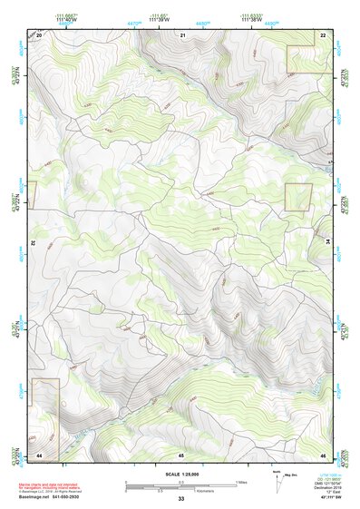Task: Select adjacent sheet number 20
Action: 39,34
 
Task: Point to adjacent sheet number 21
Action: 182,34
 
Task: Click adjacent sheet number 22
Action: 323,34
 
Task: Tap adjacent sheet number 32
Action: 32,243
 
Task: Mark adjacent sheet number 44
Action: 39,454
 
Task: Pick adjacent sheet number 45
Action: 181,454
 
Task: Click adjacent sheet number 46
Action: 323,454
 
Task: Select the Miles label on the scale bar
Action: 242,482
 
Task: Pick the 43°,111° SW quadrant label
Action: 331,498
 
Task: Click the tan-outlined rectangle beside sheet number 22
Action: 306,59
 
